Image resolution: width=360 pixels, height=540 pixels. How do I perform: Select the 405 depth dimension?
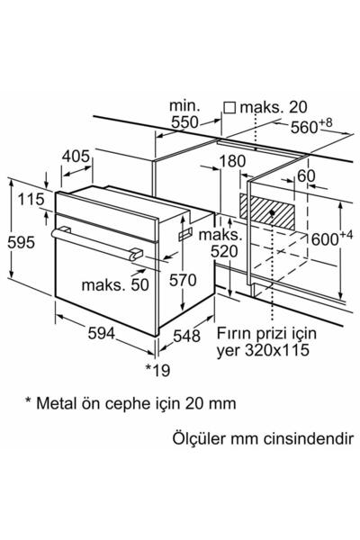76,157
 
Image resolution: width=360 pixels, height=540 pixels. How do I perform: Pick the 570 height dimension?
182,280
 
